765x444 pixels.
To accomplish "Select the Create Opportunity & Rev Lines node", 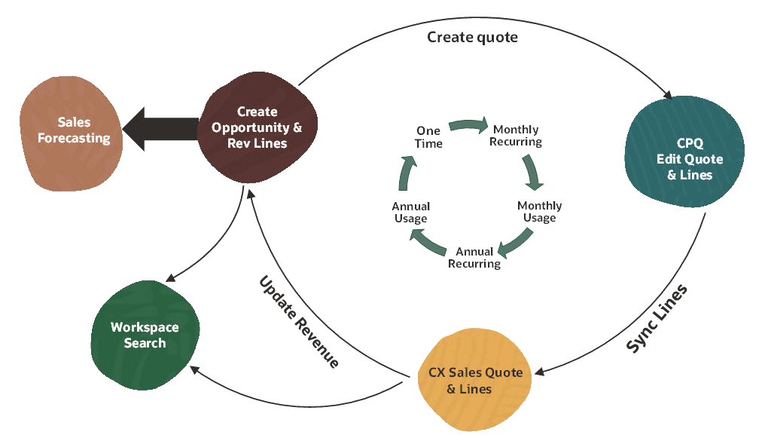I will click(x=256, y=127).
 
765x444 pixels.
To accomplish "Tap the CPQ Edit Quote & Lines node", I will click(x=684, y=159).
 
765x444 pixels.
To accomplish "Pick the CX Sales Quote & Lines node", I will click(x=474, y=381).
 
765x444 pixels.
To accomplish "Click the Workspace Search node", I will click(x=145, y=335).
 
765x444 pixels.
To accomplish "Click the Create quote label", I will click(x=472, y=37).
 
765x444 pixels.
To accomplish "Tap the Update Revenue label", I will click(x=299, y=321).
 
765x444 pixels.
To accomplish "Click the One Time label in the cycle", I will click(x=428, y=137).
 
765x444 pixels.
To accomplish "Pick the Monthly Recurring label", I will click(x=516, y=136).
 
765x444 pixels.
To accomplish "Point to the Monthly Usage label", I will click(x=539, y=212).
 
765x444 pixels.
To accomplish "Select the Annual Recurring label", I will click(x=474, y=258).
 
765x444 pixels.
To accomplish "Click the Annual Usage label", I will click(x=410, y=212).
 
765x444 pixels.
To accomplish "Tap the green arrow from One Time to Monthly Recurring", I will click(x=469, y=125).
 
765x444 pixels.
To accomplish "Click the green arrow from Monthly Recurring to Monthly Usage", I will click(x=534, y=171).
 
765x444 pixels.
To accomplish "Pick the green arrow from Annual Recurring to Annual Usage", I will click(x=427, y=243).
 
